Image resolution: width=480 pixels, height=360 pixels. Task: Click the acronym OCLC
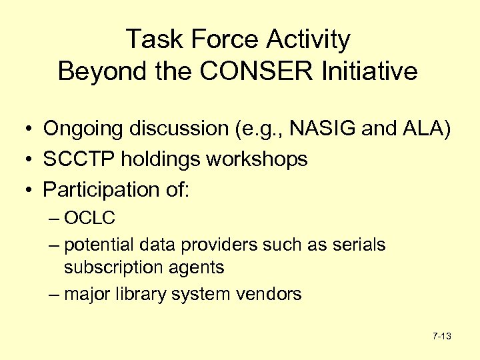(x=90, y=217)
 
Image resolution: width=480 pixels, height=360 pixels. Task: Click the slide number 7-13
(x=441, y=337)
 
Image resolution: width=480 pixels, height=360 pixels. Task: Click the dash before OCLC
(x=54, y=218)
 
